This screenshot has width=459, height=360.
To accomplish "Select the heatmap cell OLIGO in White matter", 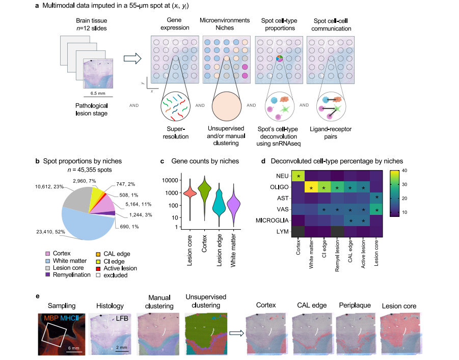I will point(311,187).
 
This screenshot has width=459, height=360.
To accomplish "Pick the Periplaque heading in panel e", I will point(353,307).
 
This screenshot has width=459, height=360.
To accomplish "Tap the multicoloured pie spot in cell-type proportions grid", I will point(279,59).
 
